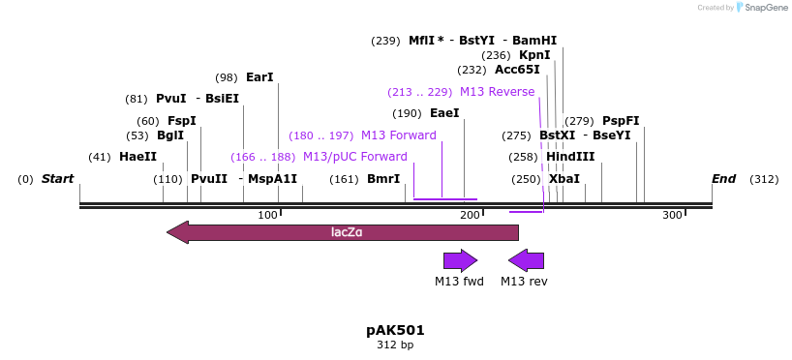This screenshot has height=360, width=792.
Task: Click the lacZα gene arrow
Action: click(343, 232)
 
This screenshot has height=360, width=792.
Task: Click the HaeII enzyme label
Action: click(137, 157)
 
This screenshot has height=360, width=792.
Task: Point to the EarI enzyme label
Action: click(259, 77)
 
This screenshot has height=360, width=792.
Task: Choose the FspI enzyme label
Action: click(181, 121)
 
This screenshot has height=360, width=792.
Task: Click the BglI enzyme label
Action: click(170, 135)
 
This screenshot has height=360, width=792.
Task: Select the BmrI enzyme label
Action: click(383, 179)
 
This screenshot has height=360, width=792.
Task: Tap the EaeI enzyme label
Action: click(444, 113)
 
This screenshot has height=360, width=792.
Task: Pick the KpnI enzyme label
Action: click(534, 55)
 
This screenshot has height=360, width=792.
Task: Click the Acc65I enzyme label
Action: click(517, 70)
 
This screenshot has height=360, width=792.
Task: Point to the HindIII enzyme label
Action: click(570, 157)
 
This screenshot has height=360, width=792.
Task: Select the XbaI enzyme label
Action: click(564, 179)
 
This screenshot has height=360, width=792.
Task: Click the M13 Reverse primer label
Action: click(497, 92)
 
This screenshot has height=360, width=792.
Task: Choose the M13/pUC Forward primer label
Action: click(354, 157)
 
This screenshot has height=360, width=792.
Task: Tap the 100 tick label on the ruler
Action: click(268, 215)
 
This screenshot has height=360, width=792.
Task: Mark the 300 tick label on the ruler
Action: click(672, 215)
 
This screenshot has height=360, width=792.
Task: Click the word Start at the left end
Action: click(58, 179)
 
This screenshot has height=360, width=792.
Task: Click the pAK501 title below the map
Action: click(395, 330)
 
